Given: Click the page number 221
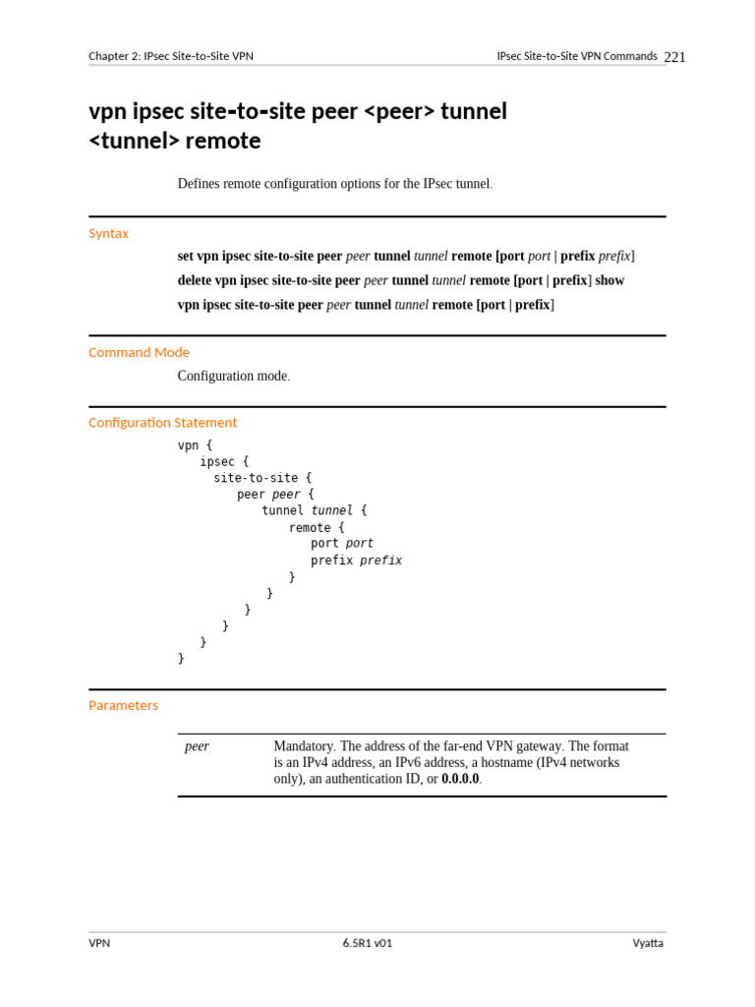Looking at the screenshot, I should (x=674, y=57).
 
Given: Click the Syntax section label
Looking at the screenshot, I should (x=108, y=233).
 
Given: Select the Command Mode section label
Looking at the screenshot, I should (x=139, y=352).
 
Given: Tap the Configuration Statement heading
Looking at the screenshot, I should (x=162, y=422).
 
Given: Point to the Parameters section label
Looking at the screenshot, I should (x=123, y=705).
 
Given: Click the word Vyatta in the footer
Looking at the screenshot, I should (x=648, y=943).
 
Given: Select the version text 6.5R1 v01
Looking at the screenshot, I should (x=368, y=943).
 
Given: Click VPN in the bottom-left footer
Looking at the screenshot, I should (x=99, y=943).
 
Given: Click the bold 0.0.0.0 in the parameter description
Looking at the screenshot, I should (x=460, y=779).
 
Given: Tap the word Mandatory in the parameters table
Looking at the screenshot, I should (x=305, y=746).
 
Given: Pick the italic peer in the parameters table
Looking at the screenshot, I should (x=197, y=746).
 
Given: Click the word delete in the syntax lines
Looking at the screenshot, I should (x=195, y=280).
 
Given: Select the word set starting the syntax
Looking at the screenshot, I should (x=186, y=256).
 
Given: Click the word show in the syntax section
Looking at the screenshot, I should (x=610, y=280).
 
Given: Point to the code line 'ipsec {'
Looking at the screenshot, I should (x=224, y=461).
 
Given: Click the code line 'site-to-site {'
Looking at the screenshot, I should (x=262, y=478).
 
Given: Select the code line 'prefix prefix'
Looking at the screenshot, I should (x=356, y=561).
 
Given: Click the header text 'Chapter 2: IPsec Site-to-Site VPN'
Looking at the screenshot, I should (x=171, y=56).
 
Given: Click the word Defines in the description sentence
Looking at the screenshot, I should (x=199, y=184).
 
